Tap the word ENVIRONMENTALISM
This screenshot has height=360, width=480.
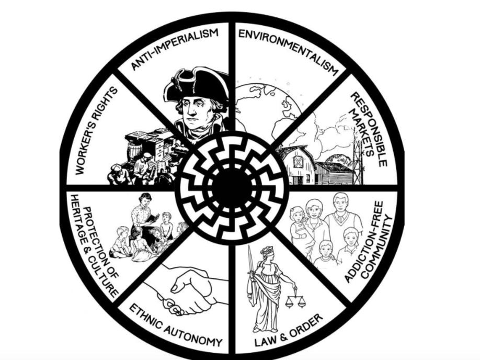pyautogui.click(x=291, y=50)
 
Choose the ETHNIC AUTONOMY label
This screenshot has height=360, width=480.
pyautogui.click(x=175, y=326)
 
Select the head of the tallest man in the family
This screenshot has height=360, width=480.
pyautogui.click(x=340, y=201)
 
